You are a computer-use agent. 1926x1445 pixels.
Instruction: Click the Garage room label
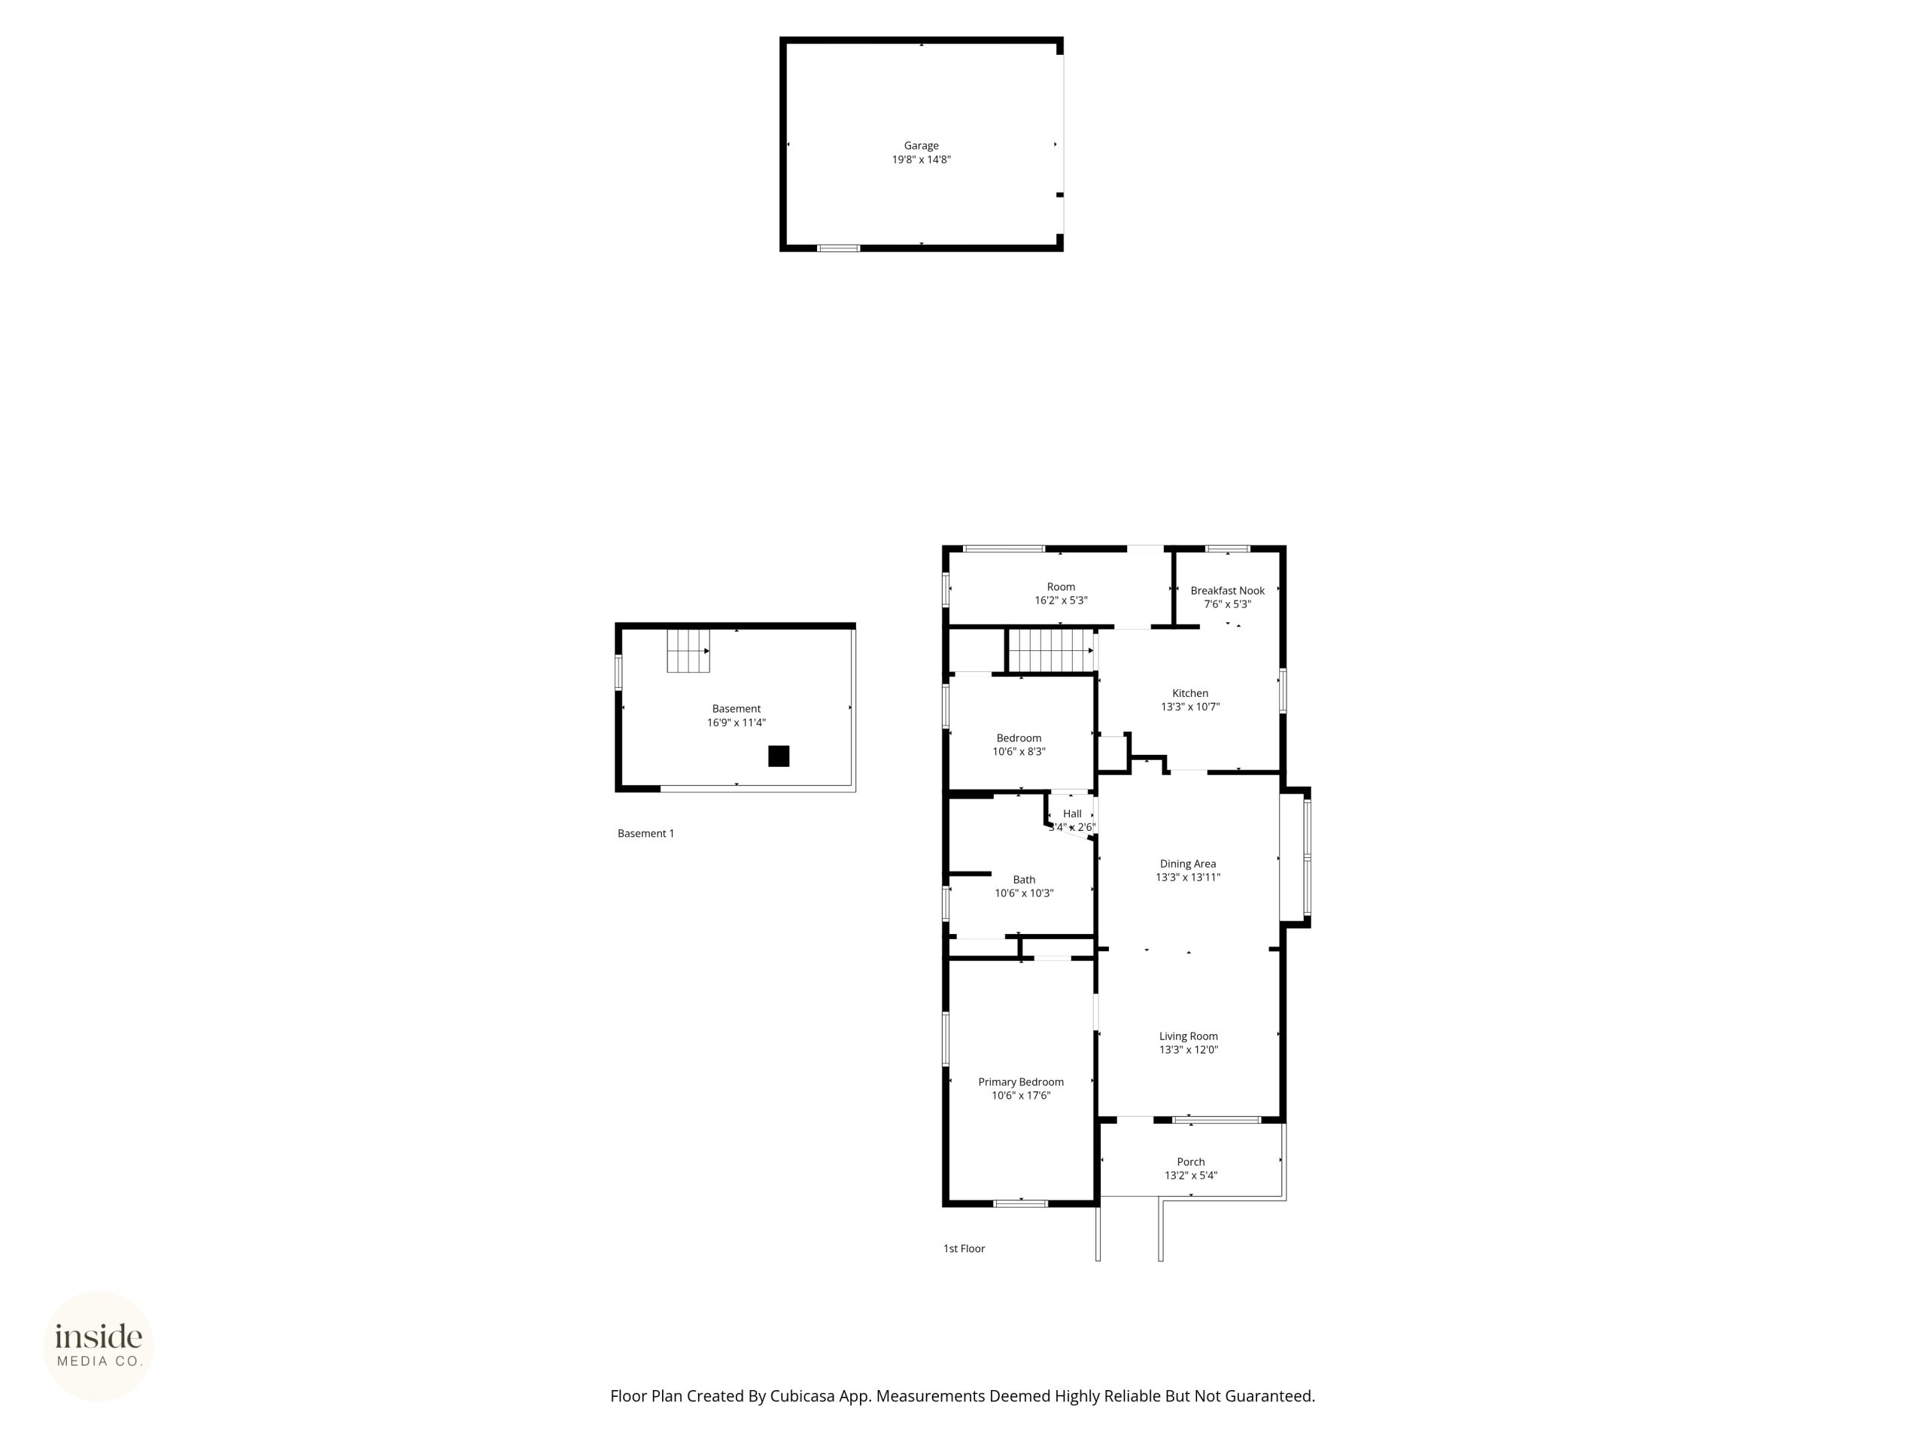[921, 145]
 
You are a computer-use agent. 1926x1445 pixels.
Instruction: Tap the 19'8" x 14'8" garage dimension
[921, 160]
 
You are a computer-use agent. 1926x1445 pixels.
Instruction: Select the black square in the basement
[779, 756]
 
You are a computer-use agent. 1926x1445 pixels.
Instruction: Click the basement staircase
[688, 651]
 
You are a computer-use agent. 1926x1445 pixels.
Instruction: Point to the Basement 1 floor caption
[646, 834]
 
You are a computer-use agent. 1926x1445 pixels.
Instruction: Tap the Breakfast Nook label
[1228, 591]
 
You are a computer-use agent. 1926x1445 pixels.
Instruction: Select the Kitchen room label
[1190, 693]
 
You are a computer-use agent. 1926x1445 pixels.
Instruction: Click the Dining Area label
[1188, 864]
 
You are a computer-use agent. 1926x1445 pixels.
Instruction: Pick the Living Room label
[1189, 1036]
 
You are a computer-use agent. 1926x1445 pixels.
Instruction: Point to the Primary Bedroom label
[1020, 1081]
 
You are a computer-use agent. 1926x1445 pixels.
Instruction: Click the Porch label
[1191, 1162]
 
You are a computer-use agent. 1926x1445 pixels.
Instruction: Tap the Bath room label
[1024, 880]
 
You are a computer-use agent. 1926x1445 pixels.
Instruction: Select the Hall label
[1072, 814]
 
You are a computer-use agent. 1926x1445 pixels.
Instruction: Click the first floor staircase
[1051, 651]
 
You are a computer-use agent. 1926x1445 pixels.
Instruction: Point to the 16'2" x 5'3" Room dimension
[1061, 600]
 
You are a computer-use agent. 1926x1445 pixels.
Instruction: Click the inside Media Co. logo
[99, 1346]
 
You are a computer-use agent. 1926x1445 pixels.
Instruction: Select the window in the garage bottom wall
[839, 248]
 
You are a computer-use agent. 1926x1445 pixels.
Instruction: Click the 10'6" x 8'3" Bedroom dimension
[1019, 752]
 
